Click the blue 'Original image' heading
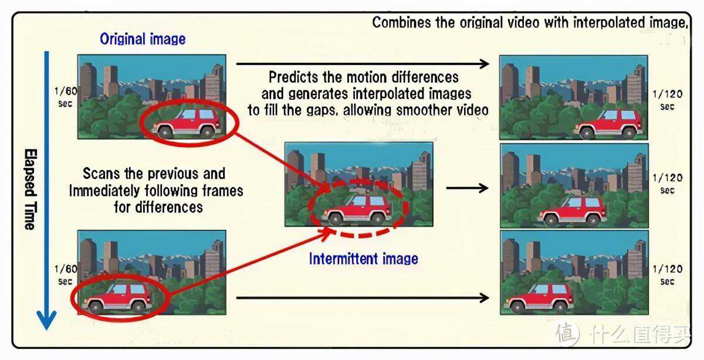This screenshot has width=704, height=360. (143, 39)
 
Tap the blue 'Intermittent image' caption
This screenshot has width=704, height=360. (363, 259)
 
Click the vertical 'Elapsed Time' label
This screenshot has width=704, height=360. (31, 189)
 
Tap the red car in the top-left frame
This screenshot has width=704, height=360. (187, 123)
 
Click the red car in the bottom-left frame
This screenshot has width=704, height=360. (117, 297)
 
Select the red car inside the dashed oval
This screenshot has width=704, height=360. (357, 209)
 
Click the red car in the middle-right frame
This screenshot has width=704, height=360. (572, 212)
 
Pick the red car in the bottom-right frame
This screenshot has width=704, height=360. (538, 297)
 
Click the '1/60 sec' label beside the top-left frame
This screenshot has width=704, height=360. (66, 97)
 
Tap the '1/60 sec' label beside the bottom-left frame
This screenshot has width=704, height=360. (66, 275)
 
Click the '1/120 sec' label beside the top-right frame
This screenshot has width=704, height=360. (667, 100)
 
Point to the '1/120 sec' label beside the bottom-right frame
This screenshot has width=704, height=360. (667, 275)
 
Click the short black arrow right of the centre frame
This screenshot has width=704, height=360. (468, 188)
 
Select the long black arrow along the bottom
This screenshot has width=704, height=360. (363, 297)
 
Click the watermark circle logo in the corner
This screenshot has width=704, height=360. (568, 334)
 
